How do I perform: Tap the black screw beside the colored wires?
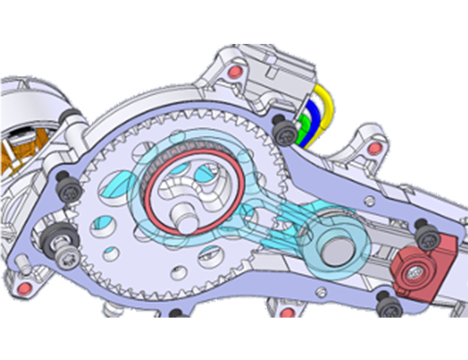(282, 131)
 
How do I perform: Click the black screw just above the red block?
(425, 235)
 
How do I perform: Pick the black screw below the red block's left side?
(388, 304)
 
